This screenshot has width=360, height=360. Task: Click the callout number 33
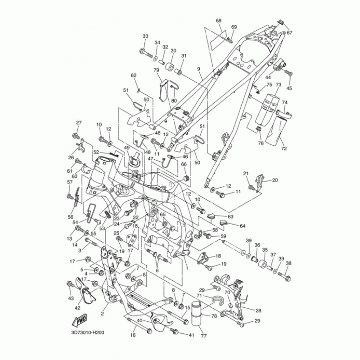tap(145, 36)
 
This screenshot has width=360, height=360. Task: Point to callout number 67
tap(290, 32)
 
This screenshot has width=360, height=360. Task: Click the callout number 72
tap(283, 148)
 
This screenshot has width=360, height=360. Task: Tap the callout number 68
tap(219, 21)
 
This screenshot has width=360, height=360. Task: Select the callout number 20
tap(275, 180)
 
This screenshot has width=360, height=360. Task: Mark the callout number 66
tap(184, 164)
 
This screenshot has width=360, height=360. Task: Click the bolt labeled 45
tap(288, 73)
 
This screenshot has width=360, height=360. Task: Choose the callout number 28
tap(258, 310)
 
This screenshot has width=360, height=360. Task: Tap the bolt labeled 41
tap(175, 332)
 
